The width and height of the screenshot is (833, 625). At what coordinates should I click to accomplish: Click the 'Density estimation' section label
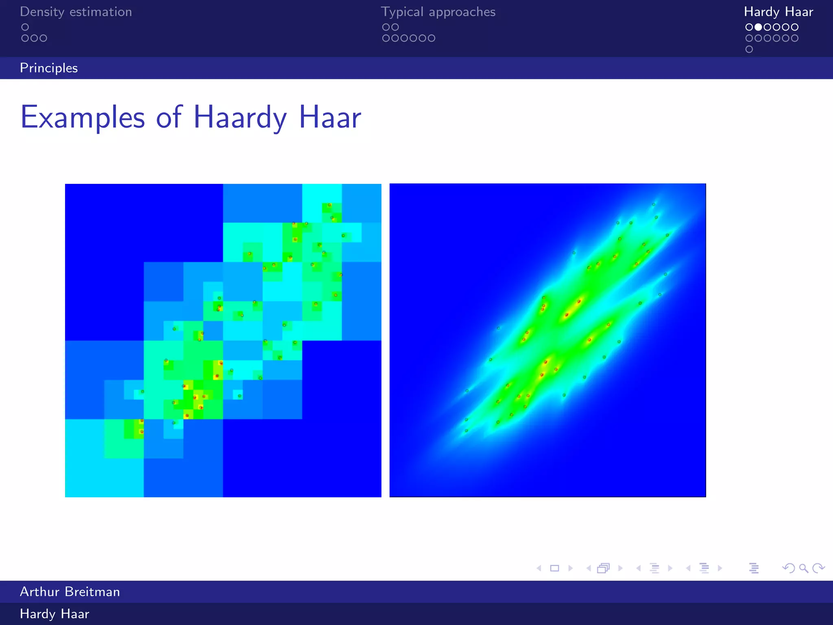(76, 12)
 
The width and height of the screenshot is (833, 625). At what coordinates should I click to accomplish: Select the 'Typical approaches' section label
(438, 12)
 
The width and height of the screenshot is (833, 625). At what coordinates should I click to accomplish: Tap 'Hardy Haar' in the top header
(778, 12)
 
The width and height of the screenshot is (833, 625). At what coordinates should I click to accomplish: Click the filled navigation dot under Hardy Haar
(758, 27)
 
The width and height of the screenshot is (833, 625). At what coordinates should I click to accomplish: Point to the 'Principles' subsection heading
(49, 68)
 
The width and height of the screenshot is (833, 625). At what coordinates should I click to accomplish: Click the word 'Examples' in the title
(83, 118)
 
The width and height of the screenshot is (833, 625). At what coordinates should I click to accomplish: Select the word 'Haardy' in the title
(240, 118)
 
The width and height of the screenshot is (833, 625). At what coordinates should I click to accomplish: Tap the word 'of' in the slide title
(169, 118)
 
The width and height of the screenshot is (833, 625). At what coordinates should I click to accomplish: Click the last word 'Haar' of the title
(330, 118)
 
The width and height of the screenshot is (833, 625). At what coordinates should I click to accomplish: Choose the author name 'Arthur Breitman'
(70, 592)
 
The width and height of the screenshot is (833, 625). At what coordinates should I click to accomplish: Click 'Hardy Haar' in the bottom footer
(55, 614)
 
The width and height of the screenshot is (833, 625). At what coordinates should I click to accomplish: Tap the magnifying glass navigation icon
(803, 568)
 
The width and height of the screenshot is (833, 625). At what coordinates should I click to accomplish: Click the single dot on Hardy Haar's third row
(749, 49)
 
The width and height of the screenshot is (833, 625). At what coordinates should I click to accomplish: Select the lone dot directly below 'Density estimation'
(25, 27)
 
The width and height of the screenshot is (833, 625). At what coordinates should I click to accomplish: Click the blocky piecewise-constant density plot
(223, 340)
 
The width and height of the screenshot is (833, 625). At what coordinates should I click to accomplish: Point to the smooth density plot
(547, 340)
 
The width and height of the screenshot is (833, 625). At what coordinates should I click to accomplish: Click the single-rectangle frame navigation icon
(554, 568)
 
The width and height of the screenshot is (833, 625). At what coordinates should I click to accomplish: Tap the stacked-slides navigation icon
(604, 568)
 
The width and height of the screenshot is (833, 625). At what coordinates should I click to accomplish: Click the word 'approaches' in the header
(462, 12)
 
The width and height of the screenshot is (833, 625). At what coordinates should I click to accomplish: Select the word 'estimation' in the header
(101, 12)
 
